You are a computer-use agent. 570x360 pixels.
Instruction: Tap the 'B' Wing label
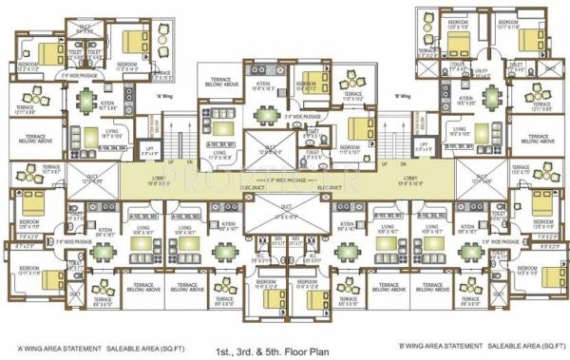403,96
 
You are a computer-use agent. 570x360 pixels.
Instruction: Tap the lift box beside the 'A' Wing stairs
150,150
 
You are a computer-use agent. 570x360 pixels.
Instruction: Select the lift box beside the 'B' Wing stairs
419,150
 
